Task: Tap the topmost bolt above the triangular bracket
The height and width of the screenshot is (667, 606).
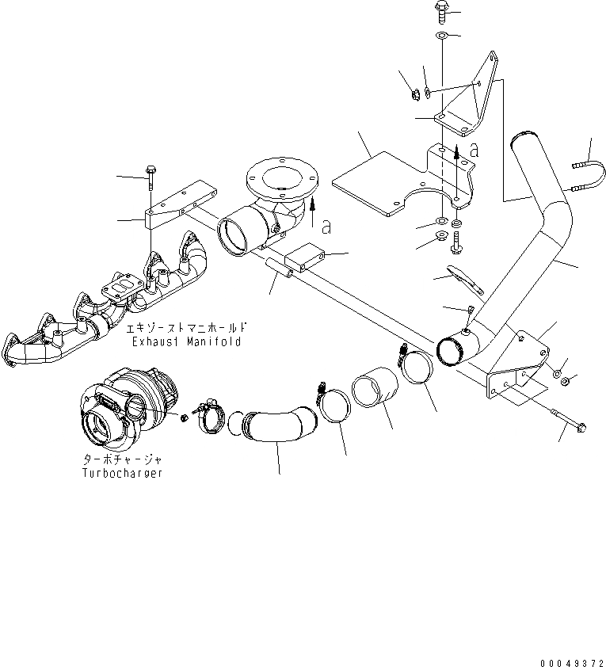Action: coord(440,12)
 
